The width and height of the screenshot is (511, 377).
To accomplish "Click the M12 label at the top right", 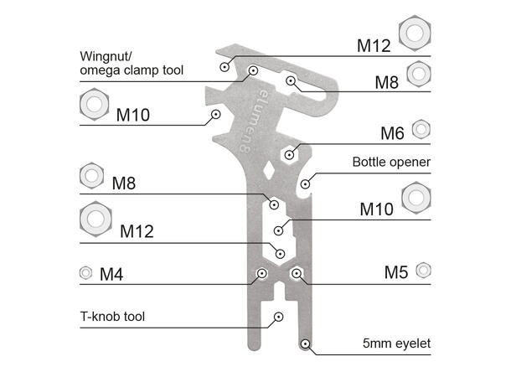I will [x=374, y=45].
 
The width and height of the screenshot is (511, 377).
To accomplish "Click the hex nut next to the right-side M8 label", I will [x=419, y=74].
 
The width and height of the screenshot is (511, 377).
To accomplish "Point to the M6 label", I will [x=392, y=133].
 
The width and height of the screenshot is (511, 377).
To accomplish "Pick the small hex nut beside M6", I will [x=421, y=128].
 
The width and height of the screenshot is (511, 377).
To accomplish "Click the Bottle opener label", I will [x=391, y=162].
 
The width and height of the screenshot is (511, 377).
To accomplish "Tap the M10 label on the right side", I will [x=376, y=207].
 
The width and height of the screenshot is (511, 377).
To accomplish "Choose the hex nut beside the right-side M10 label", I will [x=417, y=198].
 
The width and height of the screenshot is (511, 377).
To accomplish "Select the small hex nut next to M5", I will [x=423, y=269].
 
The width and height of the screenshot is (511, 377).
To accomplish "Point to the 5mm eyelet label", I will [x=395, y=343].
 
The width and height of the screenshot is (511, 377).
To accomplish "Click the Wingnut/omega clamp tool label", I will [x=132, y=64].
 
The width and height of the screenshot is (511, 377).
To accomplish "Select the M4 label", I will [x=113, y=273].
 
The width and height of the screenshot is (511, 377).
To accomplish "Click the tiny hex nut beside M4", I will [x=85, y=272].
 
